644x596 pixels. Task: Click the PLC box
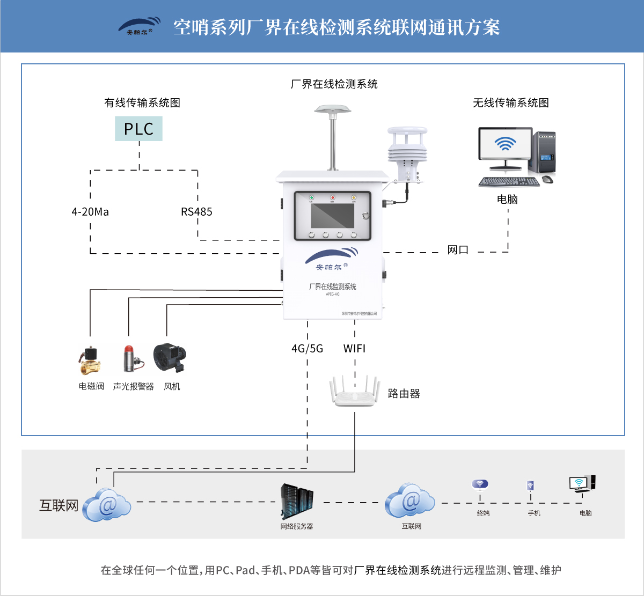138,129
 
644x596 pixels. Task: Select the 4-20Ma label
90,212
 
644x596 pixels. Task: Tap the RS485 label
196,212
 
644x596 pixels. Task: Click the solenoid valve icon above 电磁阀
90,360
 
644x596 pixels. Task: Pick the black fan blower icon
170,358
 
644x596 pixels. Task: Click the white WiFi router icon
355,393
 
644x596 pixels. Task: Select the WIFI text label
354,349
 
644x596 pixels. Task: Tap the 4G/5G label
307,349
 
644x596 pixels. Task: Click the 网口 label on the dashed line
458,250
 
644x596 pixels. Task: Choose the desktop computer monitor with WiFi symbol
505,145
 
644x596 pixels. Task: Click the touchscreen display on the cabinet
332,215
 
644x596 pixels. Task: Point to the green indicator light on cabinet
311,198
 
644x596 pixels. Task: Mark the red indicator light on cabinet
332,198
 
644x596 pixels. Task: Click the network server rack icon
297,501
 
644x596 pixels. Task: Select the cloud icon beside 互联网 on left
107,505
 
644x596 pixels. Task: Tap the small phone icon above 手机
530,486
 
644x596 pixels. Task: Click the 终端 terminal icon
480,485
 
